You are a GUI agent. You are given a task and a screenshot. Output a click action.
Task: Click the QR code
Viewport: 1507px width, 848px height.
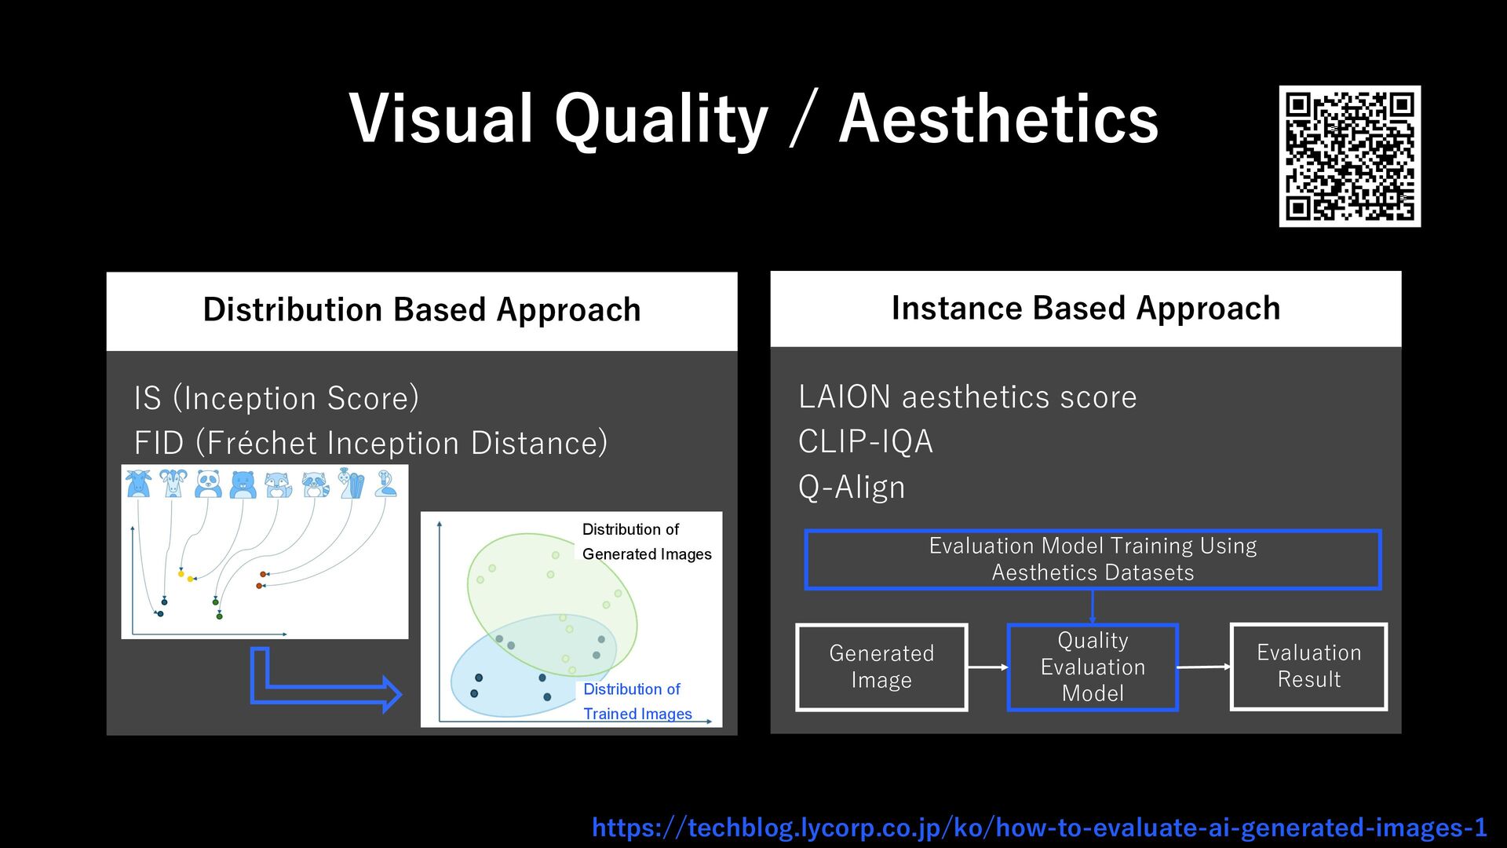click(1349, 156)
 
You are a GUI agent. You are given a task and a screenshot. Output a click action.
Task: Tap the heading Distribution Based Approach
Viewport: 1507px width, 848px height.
click(421, 309)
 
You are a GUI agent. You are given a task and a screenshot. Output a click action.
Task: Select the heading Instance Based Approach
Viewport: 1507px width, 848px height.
click(1086, 308)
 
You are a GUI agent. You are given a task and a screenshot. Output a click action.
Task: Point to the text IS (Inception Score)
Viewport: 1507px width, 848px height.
click(276, 398)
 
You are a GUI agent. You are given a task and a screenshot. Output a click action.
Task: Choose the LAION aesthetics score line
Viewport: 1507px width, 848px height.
click(967, 397)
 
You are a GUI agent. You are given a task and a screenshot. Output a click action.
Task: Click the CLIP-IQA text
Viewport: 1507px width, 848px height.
click(865, 441)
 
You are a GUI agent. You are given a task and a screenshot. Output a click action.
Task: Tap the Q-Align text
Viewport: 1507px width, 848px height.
click(852, 487)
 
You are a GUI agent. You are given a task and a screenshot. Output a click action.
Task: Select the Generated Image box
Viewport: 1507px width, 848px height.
click(881, 667)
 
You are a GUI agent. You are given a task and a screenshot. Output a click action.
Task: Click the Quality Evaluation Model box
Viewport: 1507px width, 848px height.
click(1093, 667)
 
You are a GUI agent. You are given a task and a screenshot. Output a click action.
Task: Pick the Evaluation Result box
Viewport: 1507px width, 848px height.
click(1308, 667)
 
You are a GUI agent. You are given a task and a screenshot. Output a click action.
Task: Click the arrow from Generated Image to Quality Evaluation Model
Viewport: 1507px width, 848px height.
click(987, 667)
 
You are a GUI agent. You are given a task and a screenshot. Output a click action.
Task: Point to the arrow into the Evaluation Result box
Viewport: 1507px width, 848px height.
click(1205, 667)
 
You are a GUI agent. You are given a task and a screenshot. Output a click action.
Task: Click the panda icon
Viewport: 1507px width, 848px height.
click(208, 484)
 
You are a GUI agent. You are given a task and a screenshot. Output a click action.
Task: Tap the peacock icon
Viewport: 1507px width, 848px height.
click(351, 483)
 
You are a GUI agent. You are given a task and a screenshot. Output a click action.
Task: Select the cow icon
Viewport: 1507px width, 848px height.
click(138, 484)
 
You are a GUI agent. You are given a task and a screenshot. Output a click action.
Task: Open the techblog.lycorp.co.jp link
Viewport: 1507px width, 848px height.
click(1039, 828)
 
